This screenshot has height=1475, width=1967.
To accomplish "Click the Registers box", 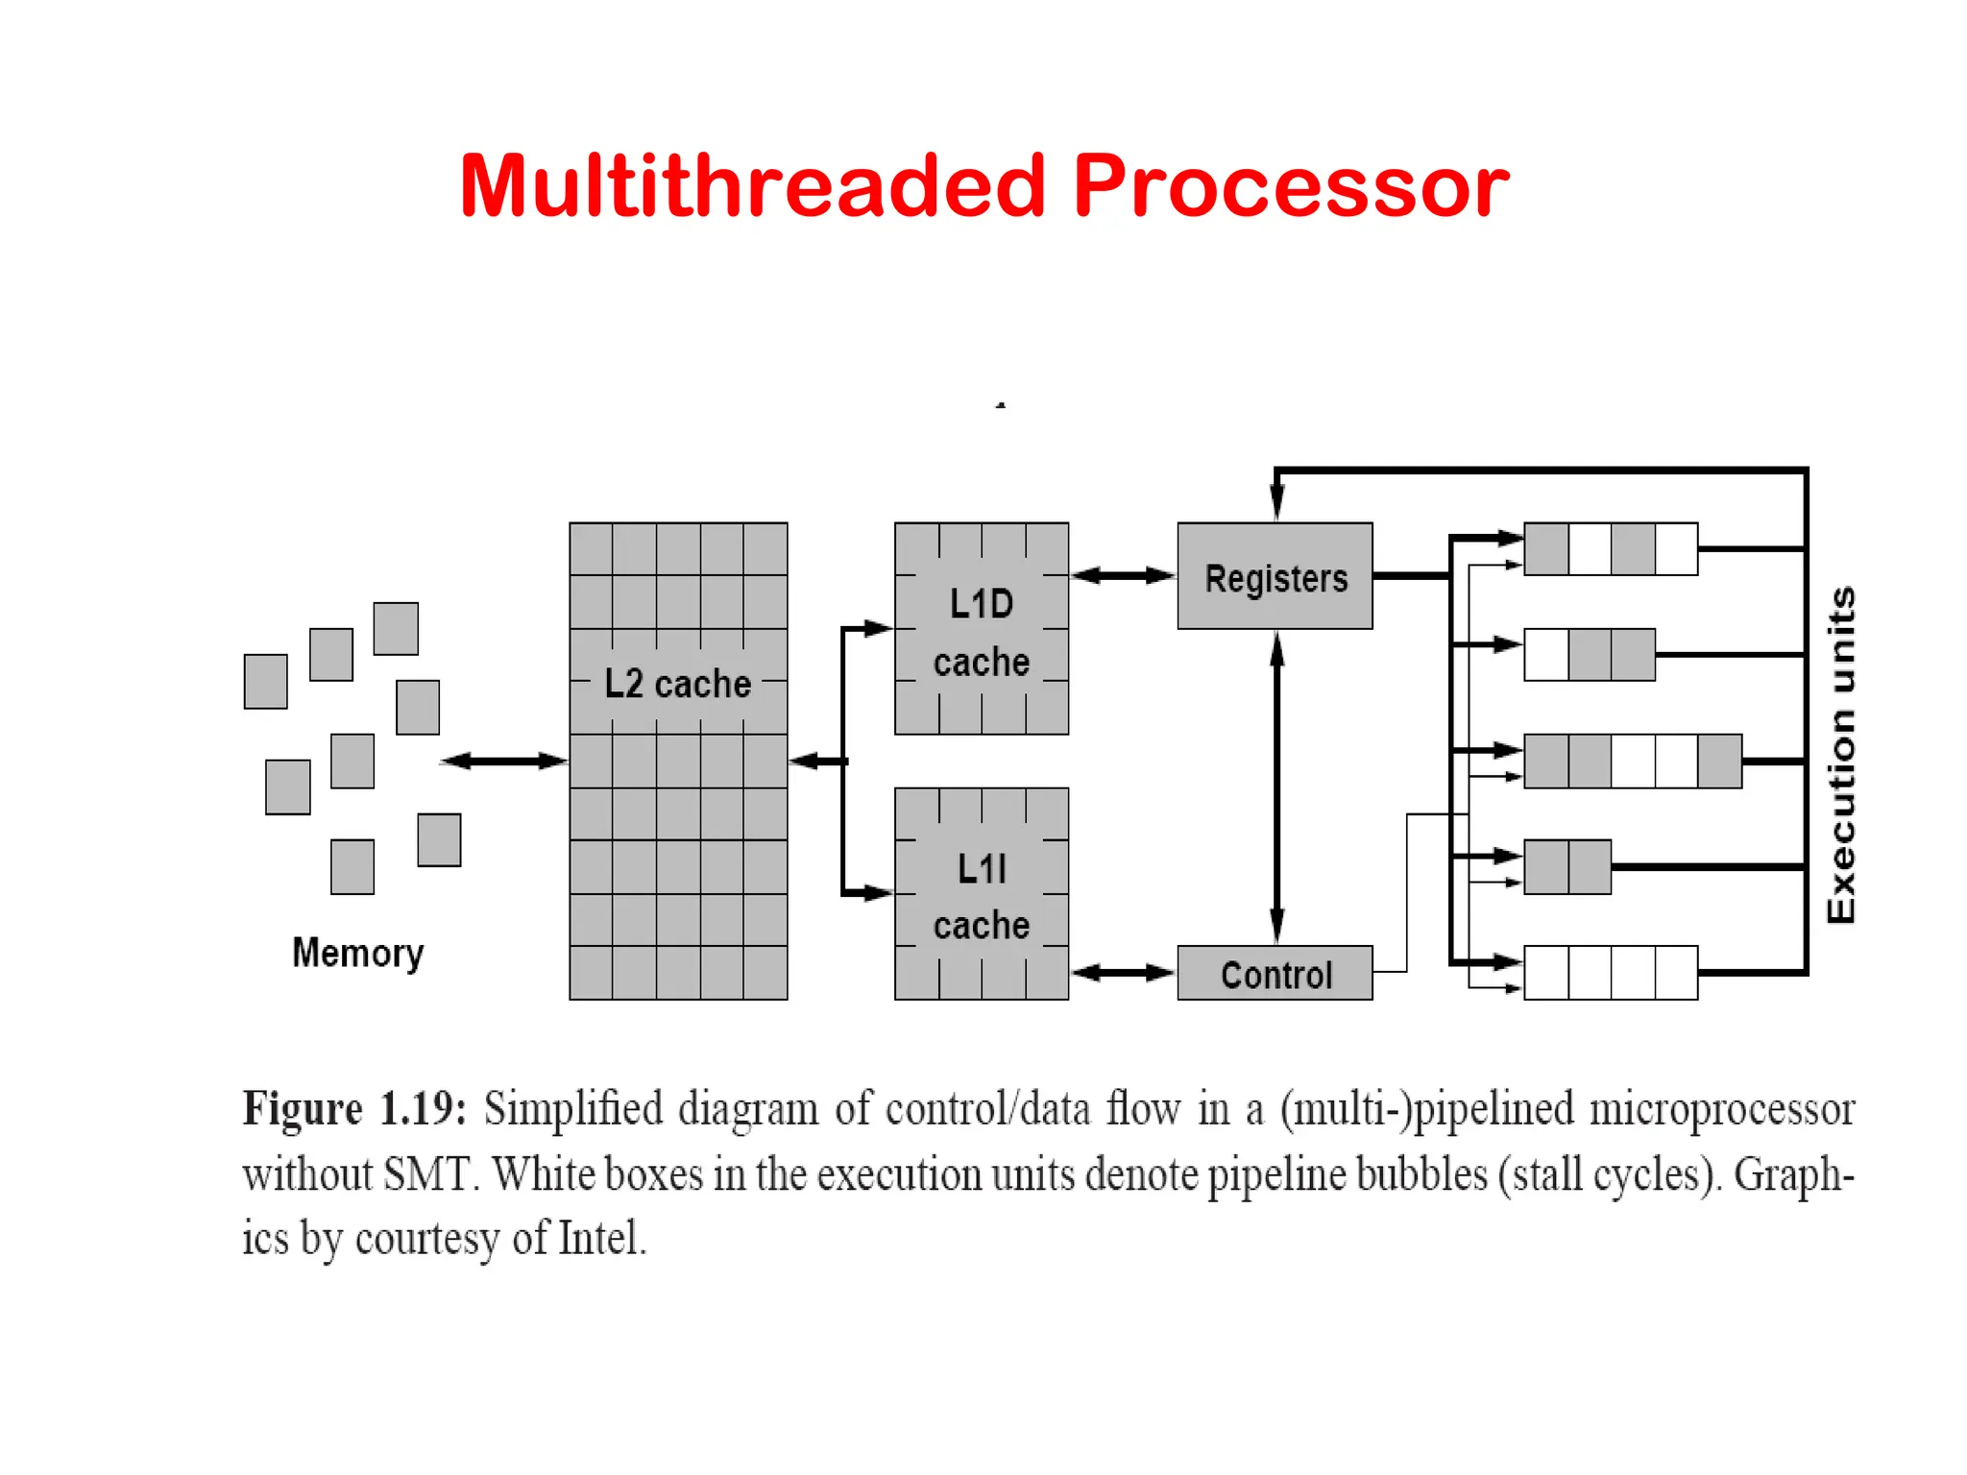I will [1275, 576].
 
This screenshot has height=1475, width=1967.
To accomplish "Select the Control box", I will [1275, 974].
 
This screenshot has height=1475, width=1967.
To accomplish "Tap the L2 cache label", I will [677, 684].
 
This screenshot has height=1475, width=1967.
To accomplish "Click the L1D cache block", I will [981, 630].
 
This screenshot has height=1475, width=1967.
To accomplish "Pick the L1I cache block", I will [981, 894].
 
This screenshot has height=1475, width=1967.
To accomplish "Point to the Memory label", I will [357, 953].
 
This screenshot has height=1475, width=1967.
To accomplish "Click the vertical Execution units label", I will [1840, 756].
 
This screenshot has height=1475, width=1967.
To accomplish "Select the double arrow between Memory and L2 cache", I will [504, 762].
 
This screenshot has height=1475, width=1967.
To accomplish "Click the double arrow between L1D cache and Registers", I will [1123, 576].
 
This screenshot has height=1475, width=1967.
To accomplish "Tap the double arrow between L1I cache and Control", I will [1123, 974].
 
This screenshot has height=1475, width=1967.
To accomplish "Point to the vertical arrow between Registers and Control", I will [1276, 787].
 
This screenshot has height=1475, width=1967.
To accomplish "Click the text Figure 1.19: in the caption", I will [354, 1108].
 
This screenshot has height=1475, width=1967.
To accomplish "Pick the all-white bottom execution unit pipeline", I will [1611, 973].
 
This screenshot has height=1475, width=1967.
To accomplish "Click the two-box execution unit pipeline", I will [1567, 867].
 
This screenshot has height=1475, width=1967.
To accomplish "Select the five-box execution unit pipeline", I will [1633, 762].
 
